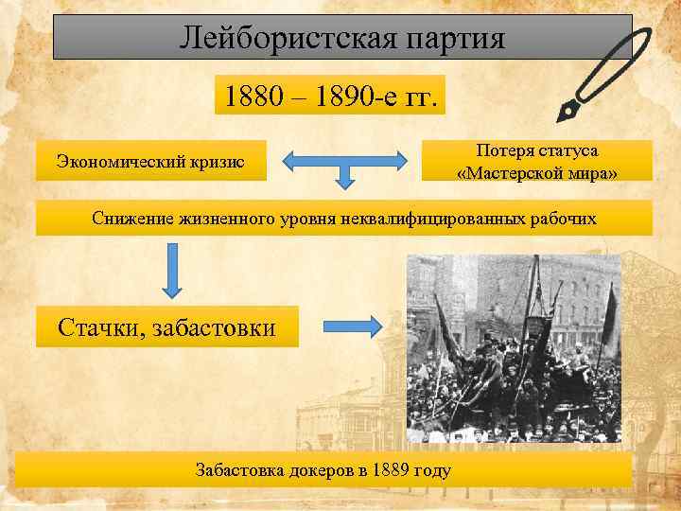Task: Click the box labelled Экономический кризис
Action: pyautogui.click(x=150, y=162)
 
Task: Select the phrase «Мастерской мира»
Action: pyautogui.click(x=537, y=171)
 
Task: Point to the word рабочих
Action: pyautogui.click(x=566, y=219)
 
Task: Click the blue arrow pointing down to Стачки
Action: pyautogui.click(x=171, y=269)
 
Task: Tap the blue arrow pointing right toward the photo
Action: pyautogui.click(x=353, y=326)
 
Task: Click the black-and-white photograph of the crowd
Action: pyautogui.click(x=514, y=347)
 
